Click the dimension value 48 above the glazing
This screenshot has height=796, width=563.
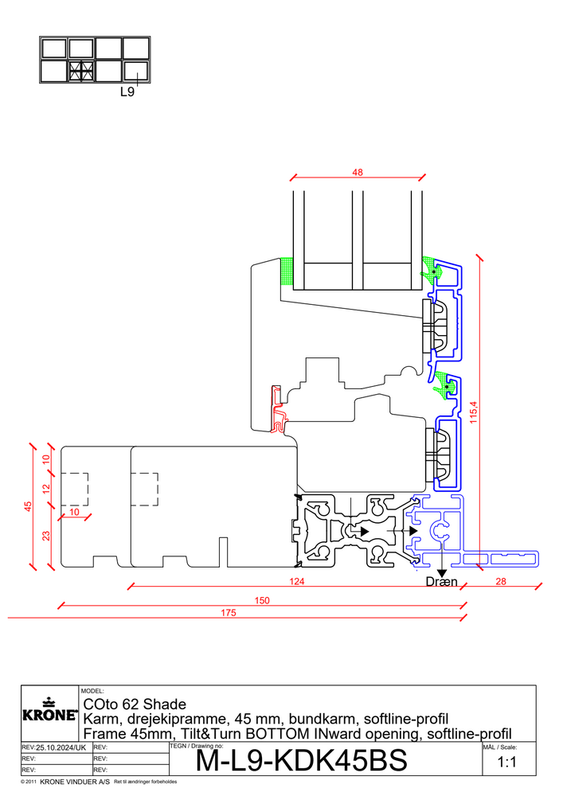pos(358,173)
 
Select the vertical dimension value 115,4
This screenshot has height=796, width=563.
pos(474,412)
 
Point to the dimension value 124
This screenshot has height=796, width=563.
pos(296,581)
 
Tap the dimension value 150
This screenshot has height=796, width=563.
pos(262,600)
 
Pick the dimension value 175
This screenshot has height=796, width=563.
pos(229,613)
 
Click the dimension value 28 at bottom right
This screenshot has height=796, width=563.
pos(501,581)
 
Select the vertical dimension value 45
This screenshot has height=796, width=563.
pos(28,506)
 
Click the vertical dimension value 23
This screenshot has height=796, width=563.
pos(46,536)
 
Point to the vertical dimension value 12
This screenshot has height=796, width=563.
pos(46,489)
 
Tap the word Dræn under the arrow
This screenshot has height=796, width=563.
pos(442,582)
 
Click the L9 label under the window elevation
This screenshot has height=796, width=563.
pos(127,92)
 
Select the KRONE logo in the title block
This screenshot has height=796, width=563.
pos(50,710)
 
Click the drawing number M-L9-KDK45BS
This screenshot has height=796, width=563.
pos(302,760)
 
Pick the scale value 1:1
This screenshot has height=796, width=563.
pos(506,762)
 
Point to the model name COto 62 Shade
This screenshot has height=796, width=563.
pos(135,704)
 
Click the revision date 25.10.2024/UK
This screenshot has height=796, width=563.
pos(61,747)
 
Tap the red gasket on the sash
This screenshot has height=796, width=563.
pos(277,409)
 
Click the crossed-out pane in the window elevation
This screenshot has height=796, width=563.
pos(81,72)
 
